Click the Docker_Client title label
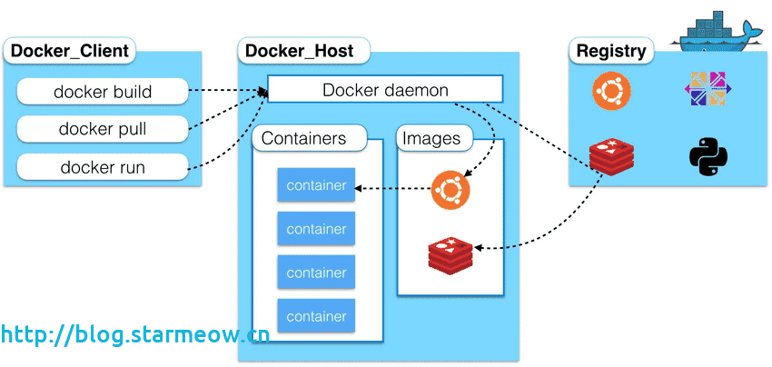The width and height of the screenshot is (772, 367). click(x=70, y=51)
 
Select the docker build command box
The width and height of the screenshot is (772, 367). click(x=103, y=92)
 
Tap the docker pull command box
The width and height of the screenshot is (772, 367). click(x=103, y=129)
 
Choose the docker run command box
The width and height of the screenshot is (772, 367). click(x=103, y=167)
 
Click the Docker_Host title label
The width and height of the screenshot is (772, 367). click(x=301, y=51)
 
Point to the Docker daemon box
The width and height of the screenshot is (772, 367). click(x=385, y=90)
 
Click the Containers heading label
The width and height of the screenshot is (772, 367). click(x=304, y=139)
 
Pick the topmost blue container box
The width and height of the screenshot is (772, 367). click(x=316, y=186)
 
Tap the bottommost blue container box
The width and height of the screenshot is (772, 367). click(x=316, y=316)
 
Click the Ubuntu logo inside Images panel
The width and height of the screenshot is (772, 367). click(x=450, y=189)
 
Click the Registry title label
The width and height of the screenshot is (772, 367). click(x=611, y=51)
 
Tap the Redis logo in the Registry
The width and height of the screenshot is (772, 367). click(x=611, y=156)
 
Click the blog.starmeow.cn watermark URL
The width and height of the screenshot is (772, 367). click(x=134, y=334)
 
